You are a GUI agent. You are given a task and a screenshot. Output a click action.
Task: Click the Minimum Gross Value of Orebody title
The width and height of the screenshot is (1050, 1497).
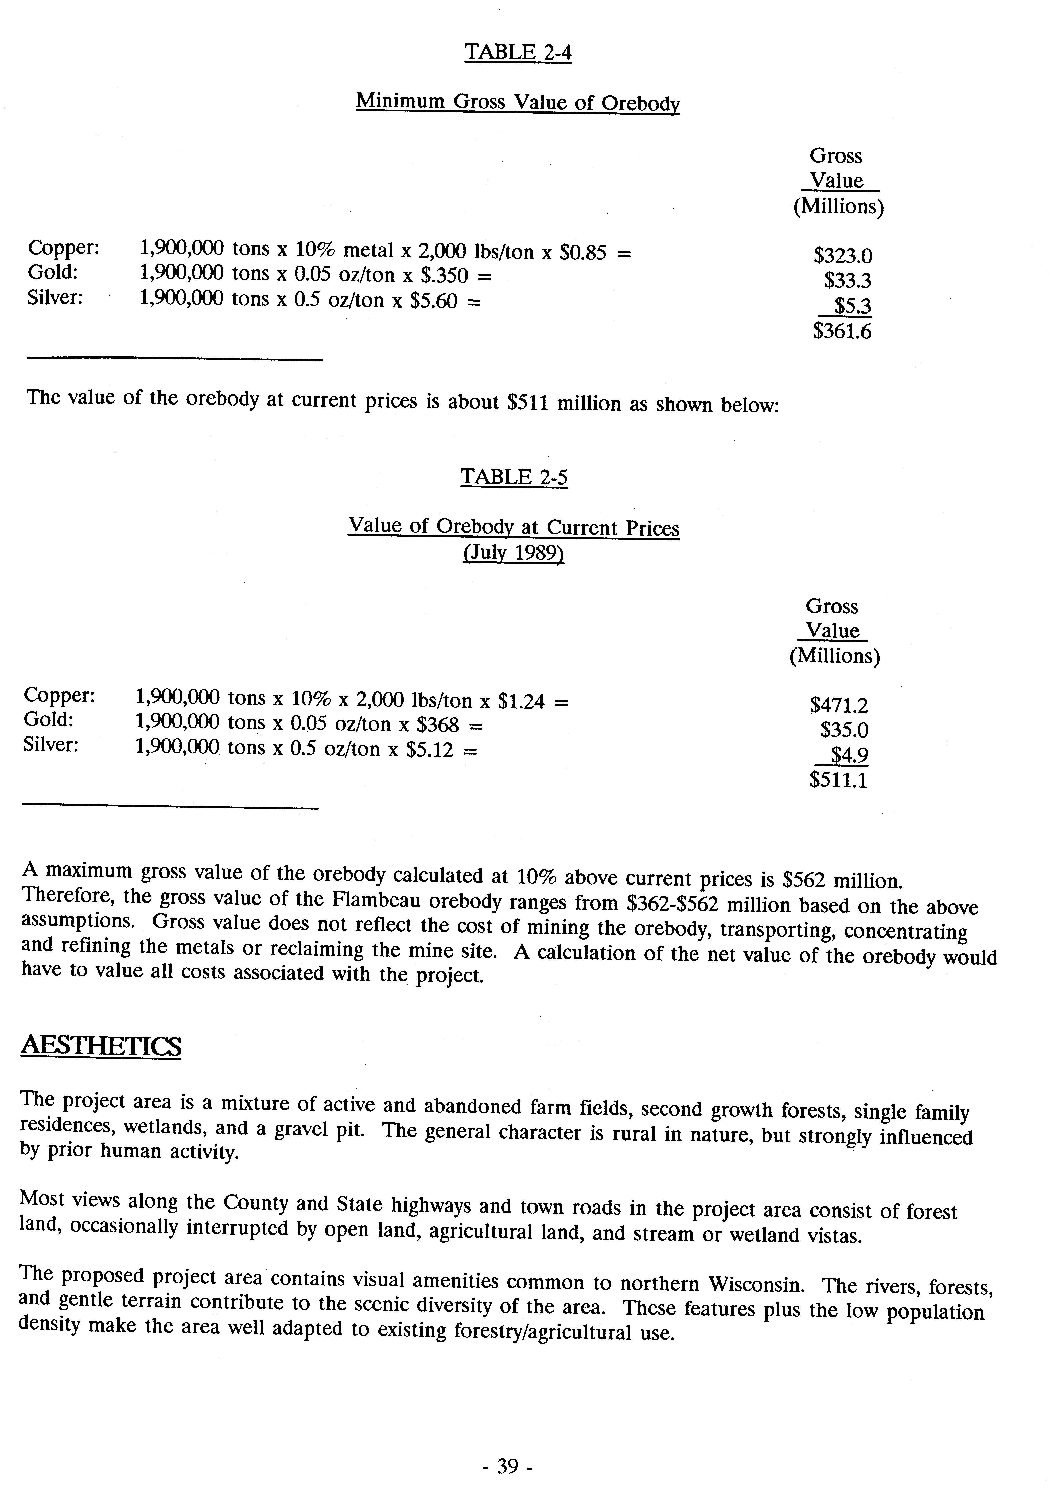point(518,102)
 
